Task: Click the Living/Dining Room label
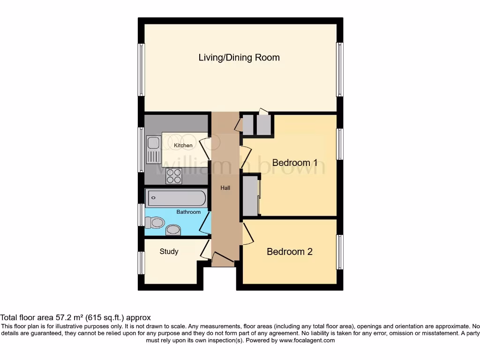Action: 239,58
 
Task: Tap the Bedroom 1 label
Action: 295,163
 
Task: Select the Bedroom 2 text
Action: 289,252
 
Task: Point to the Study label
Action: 169,252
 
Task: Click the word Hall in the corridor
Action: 225,188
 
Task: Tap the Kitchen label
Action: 183,145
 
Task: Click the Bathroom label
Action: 188,212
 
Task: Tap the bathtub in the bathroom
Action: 176,198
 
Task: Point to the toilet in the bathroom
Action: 155,222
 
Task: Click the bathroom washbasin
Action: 173,229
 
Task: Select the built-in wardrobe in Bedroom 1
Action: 250,196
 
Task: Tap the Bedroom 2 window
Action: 340,252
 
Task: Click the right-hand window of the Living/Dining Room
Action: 340,69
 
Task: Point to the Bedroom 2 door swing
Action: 247,233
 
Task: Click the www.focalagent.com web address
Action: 307,340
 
